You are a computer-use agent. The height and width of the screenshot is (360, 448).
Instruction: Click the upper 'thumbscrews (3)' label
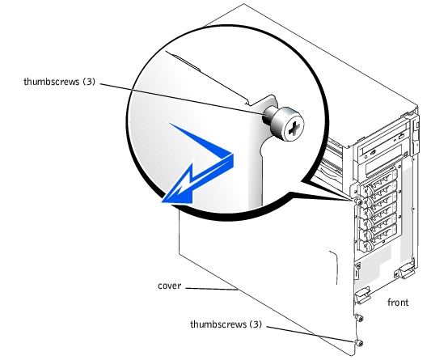(x=59, y=82)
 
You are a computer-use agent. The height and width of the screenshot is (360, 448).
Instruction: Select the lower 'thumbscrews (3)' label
(x=226, y=324)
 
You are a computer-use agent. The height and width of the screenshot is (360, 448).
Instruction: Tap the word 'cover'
(x=170, y=286)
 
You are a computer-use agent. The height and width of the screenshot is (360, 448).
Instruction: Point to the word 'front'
(x=398, y=303)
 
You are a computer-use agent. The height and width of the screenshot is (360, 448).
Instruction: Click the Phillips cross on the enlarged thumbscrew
(x=294, y=130)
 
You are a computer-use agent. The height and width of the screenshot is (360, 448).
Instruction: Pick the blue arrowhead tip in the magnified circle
(x=163, y=202)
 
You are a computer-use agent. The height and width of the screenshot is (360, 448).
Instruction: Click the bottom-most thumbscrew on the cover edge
(x=358, y=342)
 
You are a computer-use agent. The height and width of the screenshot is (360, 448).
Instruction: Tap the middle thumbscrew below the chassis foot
(x=359, y=317)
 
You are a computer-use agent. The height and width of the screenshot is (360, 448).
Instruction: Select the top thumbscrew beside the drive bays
(x=358, y=202)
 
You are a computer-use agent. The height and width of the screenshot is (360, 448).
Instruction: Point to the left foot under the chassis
(x=362, y=294)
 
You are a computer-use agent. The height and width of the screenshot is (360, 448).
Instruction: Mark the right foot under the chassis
(x=404, y=270)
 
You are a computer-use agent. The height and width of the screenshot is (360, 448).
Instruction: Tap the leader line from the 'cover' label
(x=213, y=289)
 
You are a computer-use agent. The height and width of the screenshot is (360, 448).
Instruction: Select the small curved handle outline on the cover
(x=335, y=268)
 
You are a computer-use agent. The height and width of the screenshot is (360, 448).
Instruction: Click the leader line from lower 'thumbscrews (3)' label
(x=311, y=334)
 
